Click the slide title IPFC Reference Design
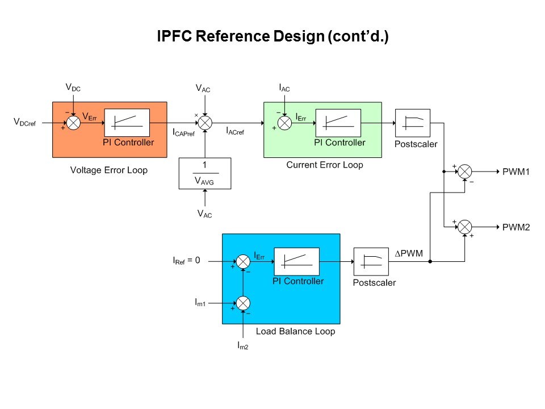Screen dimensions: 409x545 point(272,37)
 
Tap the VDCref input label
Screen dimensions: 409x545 point(24,122)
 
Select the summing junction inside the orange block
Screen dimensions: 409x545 point(74,122)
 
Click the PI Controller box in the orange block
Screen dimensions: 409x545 point(127,123)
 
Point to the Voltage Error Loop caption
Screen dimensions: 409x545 point(108,170)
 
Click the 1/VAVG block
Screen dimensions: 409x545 point(204,173)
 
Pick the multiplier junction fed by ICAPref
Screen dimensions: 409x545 point(204,122)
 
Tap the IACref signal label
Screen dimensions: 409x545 point(235,131)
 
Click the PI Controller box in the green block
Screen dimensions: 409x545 point(338,122)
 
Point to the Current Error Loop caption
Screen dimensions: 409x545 point(324,165)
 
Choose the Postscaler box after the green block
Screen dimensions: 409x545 point(412,122)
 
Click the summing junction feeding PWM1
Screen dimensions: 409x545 point(465,171)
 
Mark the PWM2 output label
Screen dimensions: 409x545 point(516,227)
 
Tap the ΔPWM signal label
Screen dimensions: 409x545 point(409,253)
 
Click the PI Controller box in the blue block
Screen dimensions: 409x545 point(296,261)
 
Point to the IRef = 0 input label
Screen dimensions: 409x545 point(186,261)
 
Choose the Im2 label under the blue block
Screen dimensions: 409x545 point(242,345)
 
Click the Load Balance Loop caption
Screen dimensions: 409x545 point(295,331)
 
